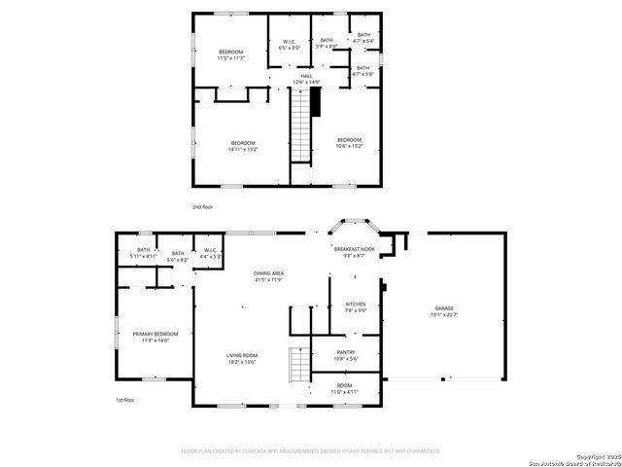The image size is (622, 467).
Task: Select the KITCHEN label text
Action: pos(356,307)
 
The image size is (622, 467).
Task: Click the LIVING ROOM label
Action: pos(241,358)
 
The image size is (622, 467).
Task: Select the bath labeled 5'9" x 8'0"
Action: pos(328,43)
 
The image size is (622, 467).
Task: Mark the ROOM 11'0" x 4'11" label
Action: pos(345,387)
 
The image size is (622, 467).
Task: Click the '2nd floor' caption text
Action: pos(202,207)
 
